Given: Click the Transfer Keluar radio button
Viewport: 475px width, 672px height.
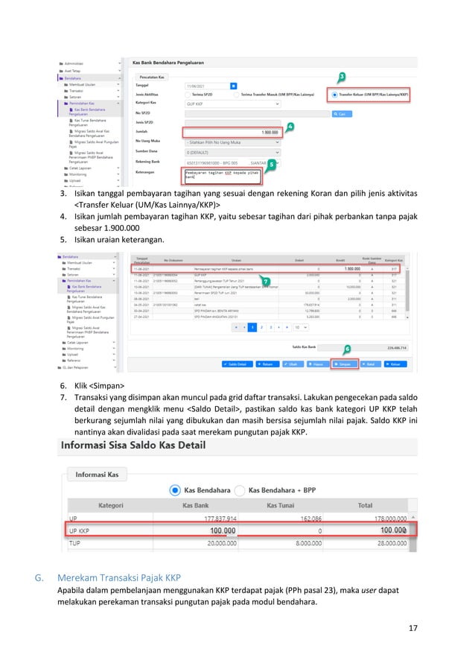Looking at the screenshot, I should (x=335, y=95).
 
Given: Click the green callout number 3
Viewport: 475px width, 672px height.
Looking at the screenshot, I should (x=341, y=77).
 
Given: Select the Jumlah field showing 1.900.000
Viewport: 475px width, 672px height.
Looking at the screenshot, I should (x=232, y=133).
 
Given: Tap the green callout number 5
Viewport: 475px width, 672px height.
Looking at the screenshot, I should (x=272, y=162).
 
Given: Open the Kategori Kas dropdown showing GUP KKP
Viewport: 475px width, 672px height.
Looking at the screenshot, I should (x=232, y=104).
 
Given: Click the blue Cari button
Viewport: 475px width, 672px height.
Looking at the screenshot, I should (x=341, y=114).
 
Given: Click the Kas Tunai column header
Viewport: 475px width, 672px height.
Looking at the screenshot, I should (x=285, y=505).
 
